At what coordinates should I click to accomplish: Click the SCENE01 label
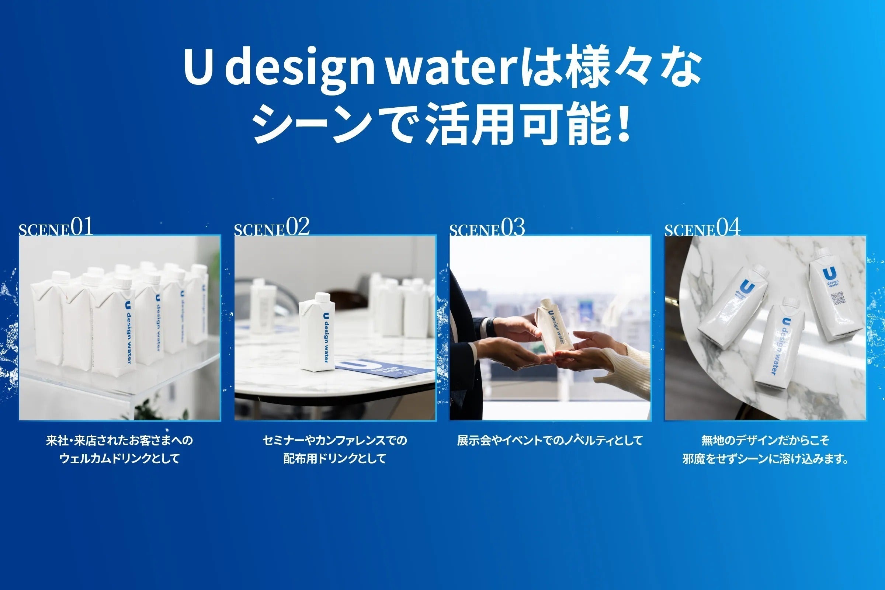(x=56, y=227)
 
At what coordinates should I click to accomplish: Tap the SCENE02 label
(x=272, y=227)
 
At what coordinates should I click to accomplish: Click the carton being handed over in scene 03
(x=555, y=325)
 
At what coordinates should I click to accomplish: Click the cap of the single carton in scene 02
(x=322, y=297)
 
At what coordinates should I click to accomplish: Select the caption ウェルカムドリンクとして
(x=119, y=459)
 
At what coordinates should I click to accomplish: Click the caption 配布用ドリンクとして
(x=335, y=459)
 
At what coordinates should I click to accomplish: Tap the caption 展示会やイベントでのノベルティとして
(x=550, y=440)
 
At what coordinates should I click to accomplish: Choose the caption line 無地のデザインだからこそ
(x=765, y=440)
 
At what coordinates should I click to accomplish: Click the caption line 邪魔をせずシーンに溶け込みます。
(x=765, y=459)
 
